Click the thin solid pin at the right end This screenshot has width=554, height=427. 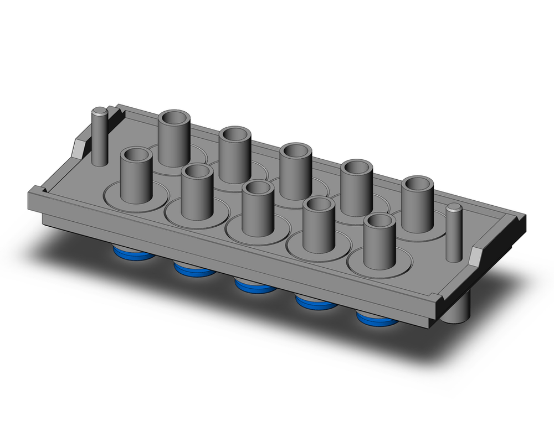tap(454, 232)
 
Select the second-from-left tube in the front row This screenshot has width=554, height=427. tap(197, 191)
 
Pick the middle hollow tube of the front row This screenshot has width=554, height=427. tap(258, 207)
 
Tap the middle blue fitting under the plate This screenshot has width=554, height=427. tap(255, 287)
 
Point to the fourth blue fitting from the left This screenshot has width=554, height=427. tap(316, 303)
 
